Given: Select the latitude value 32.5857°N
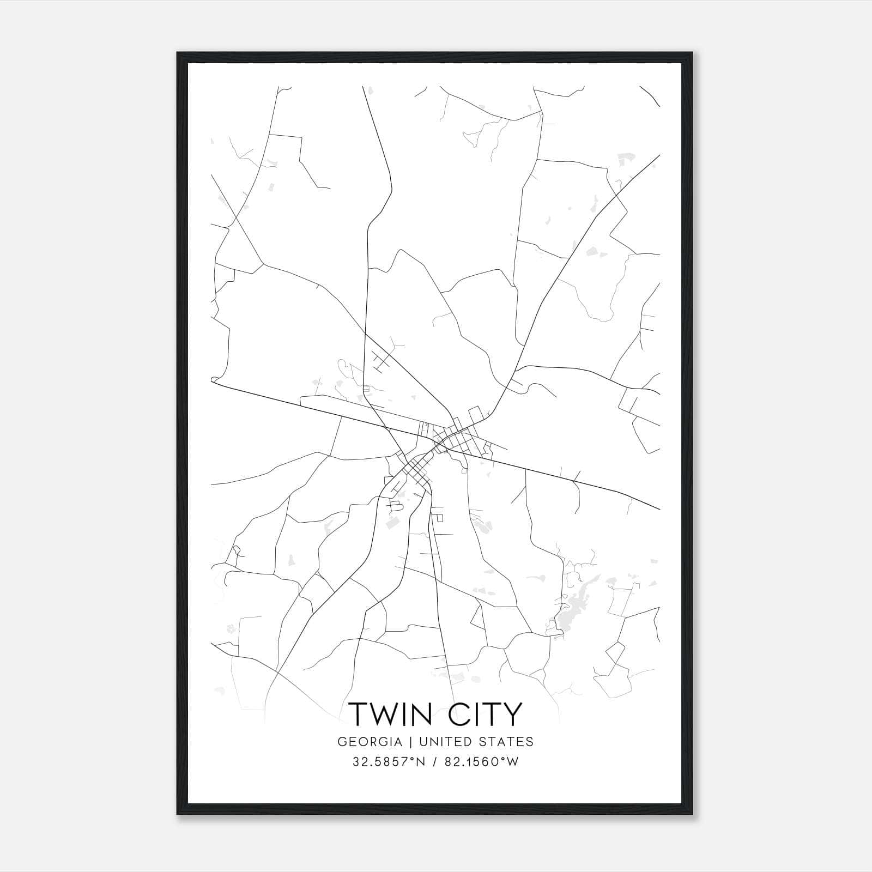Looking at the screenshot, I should [387, 762].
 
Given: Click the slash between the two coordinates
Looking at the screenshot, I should [435, 762].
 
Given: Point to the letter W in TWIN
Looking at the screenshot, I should [388, 714].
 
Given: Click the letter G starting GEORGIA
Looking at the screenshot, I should [342, 742].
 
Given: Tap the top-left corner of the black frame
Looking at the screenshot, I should [178, 53].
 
